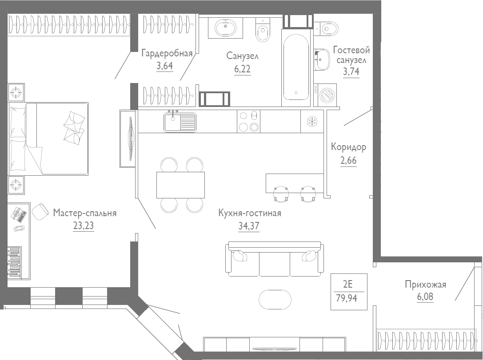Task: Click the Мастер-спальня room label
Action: tap(84, 213)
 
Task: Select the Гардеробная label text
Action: tap(167, 54)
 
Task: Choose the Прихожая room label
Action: tap(425, 285)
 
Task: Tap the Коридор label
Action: tap(348, 147)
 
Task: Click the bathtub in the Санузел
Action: tap(296, 67)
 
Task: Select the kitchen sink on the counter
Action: tap(180, 122)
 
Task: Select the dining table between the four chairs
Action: tap(180, 185)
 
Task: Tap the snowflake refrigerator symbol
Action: tap(311, 121)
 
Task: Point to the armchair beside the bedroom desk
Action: tap(40, 211)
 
